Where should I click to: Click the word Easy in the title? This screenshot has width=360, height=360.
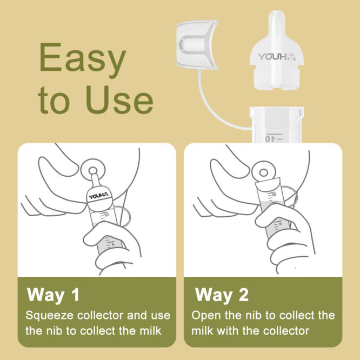(x=83, y=60)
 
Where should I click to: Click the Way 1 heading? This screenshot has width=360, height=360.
(x=53, y=295)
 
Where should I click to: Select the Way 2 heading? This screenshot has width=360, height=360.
(x=222, y=295)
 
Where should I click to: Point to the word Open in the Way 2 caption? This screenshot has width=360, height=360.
(x=204, y=315)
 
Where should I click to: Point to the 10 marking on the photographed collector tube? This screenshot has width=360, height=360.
(x=268, y=138)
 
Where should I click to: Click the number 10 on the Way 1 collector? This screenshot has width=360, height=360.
(x=106, y=214)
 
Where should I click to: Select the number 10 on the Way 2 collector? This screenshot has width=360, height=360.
(x=274, y=194)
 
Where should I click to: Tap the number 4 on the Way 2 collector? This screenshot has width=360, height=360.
(x=280, y=223)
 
